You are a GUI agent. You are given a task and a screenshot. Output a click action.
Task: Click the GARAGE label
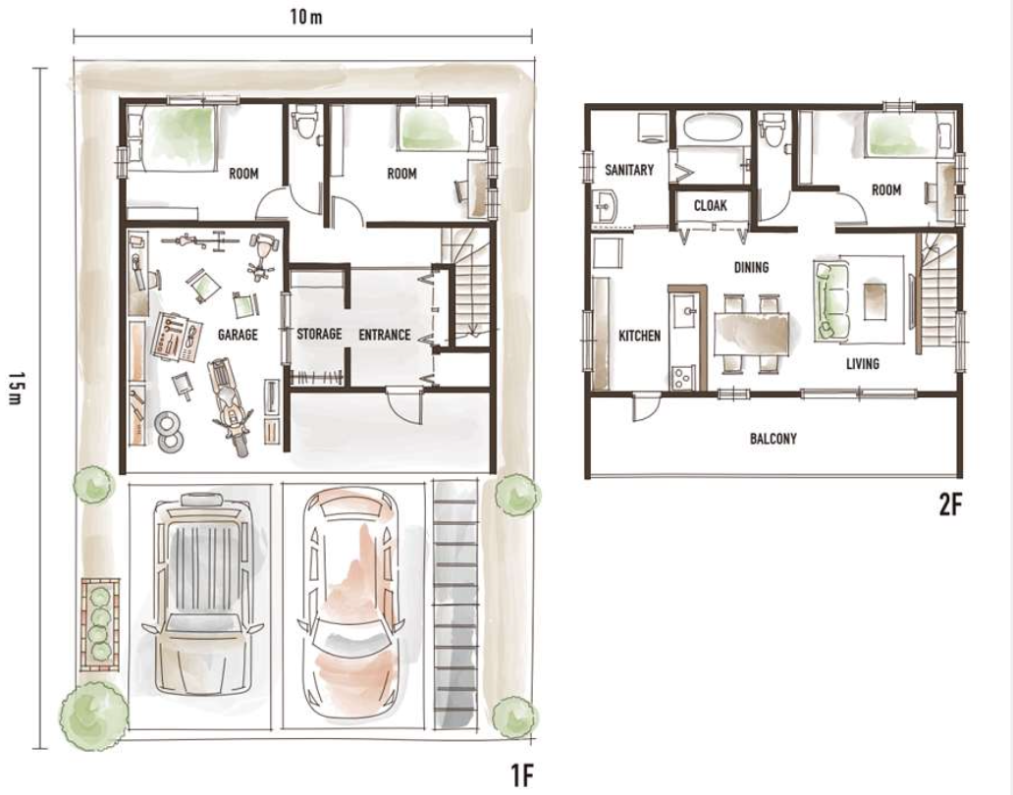click(238, 335)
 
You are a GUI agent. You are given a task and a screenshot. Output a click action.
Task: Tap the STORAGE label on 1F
click(319, 334)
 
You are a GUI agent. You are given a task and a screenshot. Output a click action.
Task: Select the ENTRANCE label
click(385, 335)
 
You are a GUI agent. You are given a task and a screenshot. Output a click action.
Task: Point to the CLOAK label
click(710, 205)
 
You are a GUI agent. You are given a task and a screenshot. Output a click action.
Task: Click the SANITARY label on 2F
click(628, 170)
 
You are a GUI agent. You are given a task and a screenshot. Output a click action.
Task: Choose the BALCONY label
click(773, 439)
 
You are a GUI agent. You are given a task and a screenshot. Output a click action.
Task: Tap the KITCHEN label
click(640, 336)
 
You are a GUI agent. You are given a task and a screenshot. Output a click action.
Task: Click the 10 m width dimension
click(306, 16)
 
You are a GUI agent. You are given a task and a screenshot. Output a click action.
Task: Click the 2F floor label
click(950, 505)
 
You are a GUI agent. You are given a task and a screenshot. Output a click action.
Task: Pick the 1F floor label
click(522, 775)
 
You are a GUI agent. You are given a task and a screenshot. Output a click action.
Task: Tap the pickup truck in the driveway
click(201, 593)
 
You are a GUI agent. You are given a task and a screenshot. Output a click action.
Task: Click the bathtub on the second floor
click(713, 129)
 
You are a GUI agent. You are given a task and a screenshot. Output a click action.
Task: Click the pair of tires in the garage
click(169, 431)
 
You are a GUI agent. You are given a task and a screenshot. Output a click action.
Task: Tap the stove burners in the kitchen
click(682, 378)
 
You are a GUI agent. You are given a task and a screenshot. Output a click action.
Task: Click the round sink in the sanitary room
click(606, 207)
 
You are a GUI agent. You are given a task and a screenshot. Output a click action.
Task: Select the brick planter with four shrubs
click(100, 623)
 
